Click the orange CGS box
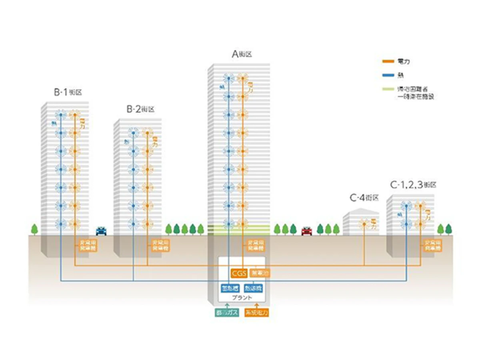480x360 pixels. [239, 274]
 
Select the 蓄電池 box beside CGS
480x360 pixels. [260, 274]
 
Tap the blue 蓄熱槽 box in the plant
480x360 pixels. [230, 289]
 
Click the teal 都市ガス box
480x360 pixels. [227, 313]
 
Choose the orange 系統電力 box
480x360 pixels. [256, 313]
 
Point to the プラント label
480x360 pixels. [242, 298]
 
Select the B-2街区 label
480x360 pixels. [140, 109]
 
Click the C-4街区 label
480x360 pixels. [364, 198]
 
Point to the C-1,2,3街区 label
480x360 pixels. [413, 185]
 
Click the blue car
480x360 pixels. [102, 231]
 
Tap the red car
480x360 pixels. [306, 231]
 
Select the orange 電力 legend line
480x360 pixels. [388, 62]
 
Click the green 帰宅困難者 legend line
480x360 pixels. [388, 88]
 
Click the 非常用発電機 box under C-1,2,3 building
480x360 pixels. [432, 246]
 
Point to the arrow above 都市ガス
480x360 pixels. [227, 306]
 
